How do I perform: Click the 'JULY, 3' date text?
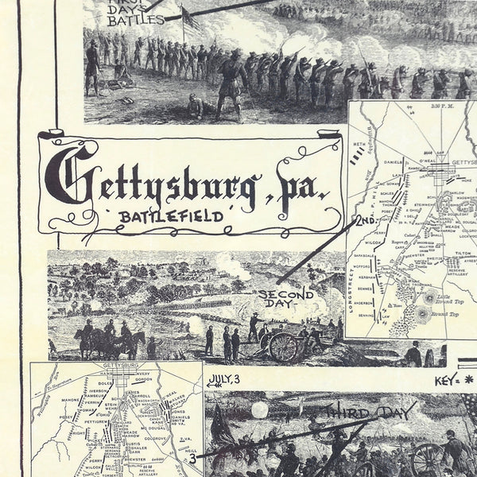click(x=226, y=379)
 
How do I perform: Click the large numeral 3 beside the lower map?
click(x=192, y=459)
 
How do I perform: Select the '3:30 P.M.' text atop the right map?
click(x=414, y=104)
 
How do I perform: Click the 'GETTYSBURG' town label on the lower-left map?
click(x=115, y=367)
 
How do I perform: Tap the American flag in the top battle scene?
click(x=192, y=21)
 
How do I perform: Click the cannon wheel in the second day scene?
click(x=283, y=346)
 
